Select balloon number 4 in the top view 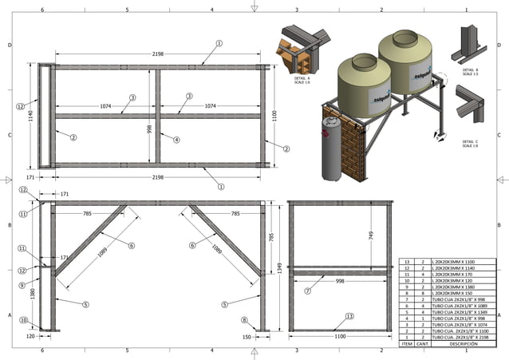176,139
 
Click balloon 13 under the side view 349,317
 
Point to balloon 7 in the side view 307,291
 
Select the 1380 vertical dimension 32,293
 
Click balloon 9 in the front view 22,283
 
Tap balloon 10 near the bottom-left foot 23,321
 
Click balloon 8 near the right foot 243,321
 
